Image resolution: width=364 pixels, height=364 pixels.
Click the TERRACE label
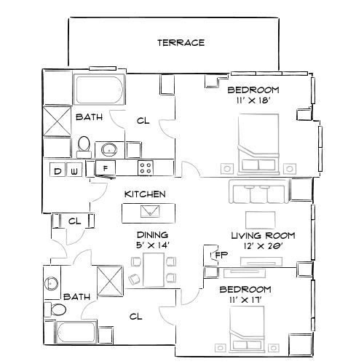[181, 42]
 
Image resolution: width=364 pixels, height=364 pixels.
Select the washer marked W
[74, 171]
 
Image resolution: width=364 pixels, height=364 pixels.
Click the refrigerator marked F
[106, 169]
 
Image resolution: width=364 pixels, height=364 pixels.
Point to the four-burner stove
[146, 168]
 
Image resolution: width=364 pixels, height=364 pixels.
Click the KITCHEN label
[145, 194]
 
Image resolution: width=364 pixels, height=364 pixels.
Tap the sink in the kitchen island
[151, 211]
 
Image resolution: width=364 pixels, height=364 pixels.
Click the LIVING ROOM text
[262, 235]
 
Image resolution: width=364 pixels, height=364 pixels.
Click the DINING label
[152, 235]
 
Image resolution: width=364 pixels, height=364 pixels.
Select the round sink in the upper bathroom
[110, 150]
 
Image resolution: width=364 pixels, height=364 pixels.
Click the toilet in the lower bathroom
[50, 309]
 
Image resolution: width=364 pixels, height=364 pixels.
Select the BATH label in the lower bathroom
[76, 297]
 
